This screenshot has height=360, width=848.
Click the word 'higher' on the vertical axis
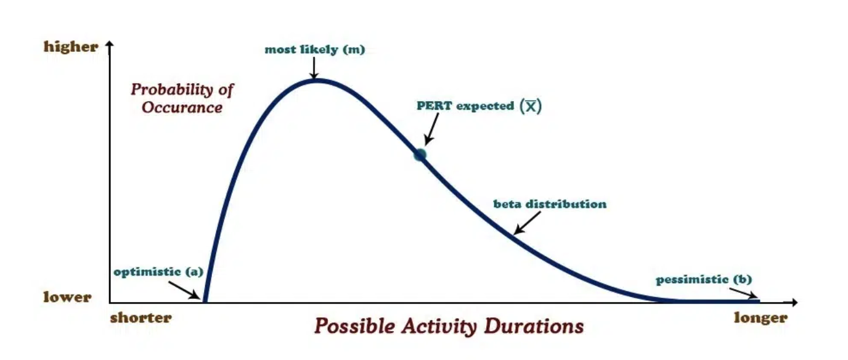[71, 47]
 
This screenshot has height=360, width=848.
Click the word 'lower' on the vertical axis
[67, 297]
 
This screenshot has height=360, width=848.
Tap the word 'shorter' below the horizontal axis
[141, 317]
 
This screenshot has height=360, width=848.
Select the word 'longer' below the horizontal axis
[760, 318]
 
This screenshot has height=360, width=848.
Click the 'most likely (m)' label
[314, 49]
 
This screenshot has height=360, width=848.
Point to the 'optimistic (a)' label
[158, 272]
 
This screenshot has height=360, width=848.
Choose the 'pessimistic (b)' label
[704, 279]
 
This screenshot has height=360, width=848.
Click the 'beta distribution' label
[550, 204]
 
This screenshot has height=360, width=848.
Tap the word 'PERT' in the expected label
[434, 105]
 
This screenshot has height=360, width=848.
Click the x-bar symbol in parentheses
[531, 107]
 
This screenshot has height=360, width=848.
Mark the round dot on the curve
[420, 155]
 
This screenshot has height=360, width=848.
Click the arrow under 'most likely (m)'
[314, 68]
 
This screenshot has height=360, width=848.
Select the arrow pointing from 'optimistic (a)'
[184, 290]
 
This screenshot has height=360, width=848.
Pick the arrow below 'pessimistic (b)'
[743, 293]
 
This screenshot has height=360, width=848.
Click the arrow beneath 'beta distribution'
[527, 223]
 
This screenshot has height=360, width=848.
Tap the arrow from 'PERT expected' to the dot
[431, 129]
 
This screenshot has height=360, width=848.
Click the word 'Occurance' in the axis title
[182, 107]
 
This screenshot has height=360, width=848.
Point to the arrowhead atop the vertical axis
[110, 44]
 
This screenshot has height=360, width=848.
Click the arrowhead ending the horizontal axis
[794, 302]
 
